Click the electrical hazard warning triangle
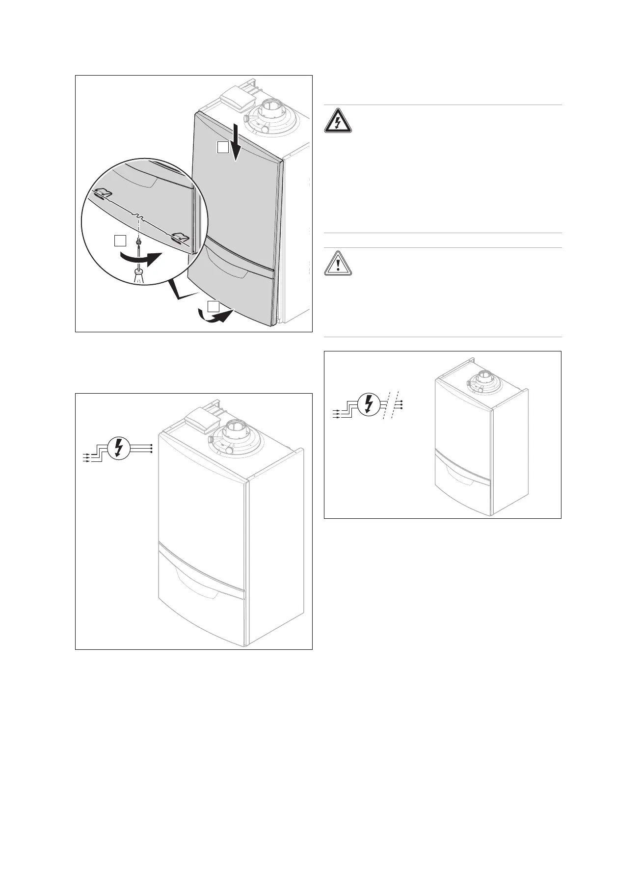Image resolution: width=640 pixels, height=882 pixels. pos(338,121)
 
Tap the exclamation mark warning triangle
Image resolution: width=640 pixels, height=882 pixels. pos(338,264)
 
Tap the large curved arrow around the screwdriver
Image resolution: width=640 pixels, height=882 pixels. pos(142,258)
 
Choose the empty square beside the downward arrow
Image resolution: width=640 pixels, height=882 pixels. pos(223,147)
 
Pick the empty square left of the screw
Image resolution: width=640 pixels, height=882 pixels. pos(120,241)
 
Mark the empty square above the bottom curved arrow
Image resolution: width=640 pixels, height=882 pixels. pos(213,307)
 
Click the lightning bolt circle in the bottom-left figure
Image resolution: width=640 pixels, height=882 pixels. pos(118,448)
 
